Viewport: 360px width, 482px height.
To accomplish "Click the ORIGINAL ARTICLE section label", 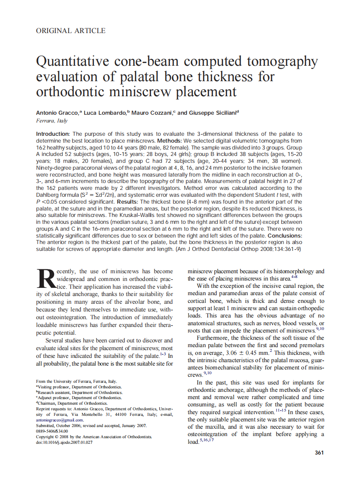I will (x=71, y=31).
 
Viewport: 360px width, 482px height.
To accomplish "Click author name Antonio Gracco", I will (x=57, y=113).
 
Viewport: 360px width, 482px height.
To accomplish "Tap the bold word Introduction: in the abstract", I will (x=52, y=134).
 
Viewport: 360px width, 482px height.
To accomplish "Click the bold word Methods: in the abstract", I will (x=171, y=140).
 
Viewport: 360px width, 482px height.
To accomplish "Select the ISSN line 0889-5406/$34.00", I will (x=52, y=431).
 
